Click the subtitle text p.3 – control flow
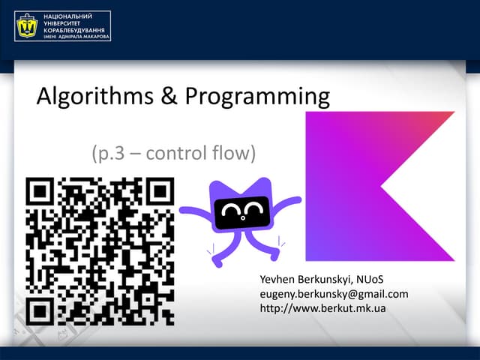(174, 154)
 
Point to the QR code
(100, 250)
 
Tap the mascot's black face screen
(242, 214)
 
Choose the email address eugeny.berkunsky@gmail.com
(333, 294)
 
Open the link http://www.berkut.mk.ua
(322, 307)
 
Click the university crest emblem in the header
(28, 26)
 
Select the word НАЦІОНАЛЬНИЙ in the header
(69, 15)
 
